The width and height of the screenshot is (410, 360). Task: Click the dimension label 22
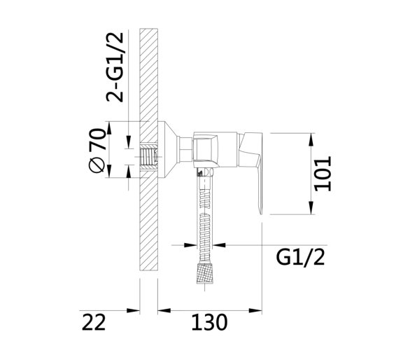pyautogui.click(x=94, y=322)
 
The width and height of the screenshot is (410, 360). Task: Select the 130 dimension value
pyautogui.click(x=209, y=322)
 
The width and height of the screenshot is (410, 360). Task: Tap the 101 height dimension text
pyautogui.click(x=323, y=174)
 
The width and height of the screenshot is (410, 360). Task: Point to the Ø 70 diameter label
pyautogui.click(x=97, y=151)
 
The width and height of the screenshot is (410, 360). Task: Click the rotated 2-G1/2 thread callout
pyautogui.click(x=115, y=67)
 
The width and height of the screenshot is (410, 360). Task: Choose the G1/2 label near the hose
pyautogui.click(x=300, y=258)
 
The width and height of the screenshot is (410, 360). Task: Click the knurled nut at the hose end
pyautogui.click(x=204, y=274)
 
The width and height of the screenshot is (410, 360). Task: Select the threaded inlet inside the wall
pyautogui.click(x=148, y=157)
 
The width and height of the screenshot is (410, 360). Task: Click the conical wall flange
pyautogui.click(x=168, y=150)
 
